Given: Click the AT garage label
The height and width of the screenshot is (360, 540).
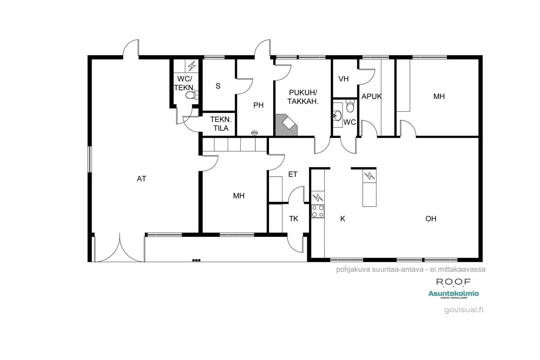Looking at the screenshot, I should click(141, 179).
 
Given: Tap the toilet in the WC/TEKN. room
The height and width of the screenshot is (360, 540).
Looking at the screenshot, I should click(191, 96).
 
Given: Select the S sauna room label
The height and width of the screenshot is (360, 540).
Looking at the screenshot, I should click(218, 86).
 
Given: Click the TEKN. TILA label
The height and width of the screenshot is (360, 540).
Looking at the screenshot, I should click(221, 124).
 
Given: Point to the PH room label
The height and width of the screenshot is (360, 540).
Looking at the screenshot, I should click(258, 105).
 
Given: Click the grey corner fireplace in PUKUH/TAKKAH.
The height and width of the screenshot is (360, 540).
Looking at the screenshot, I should click(287, 125).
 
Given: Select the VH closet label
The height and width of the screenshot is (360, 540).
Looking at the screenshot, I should click(343, 79).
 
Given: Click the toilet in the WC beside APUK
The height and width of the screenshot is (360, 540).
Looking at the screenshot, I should click(350, 106).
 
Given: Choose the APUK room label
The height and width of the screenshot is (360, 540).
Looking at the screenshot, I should click(371, 96).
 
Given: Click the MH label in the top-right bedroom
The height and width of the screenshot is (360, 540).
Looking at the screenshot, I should click(439, 96).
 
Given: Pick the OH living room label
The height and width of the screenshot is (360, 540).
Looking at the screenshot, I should click(431, 219).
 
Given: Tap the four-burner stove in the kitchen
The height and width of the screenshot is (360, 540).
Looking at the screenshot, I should click(318, 211).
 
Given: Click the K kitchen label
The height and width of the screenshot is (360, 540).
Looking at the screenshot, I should click(343, 219).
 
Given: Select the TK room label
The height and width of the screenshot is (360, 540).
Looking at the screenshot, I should click(294, 219).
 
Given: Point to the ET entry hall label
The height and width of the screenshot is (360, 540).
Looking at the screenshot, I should click(293, 174).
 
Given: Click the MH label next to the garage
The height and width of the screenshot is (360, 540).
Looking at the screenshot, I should click(239, 196).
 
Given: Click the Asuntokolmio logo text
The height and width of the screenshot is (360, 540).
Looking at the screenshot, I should click(453, 294).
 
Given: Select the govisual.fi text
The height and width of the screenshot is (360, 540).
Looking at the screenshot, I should click(464, 310).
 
